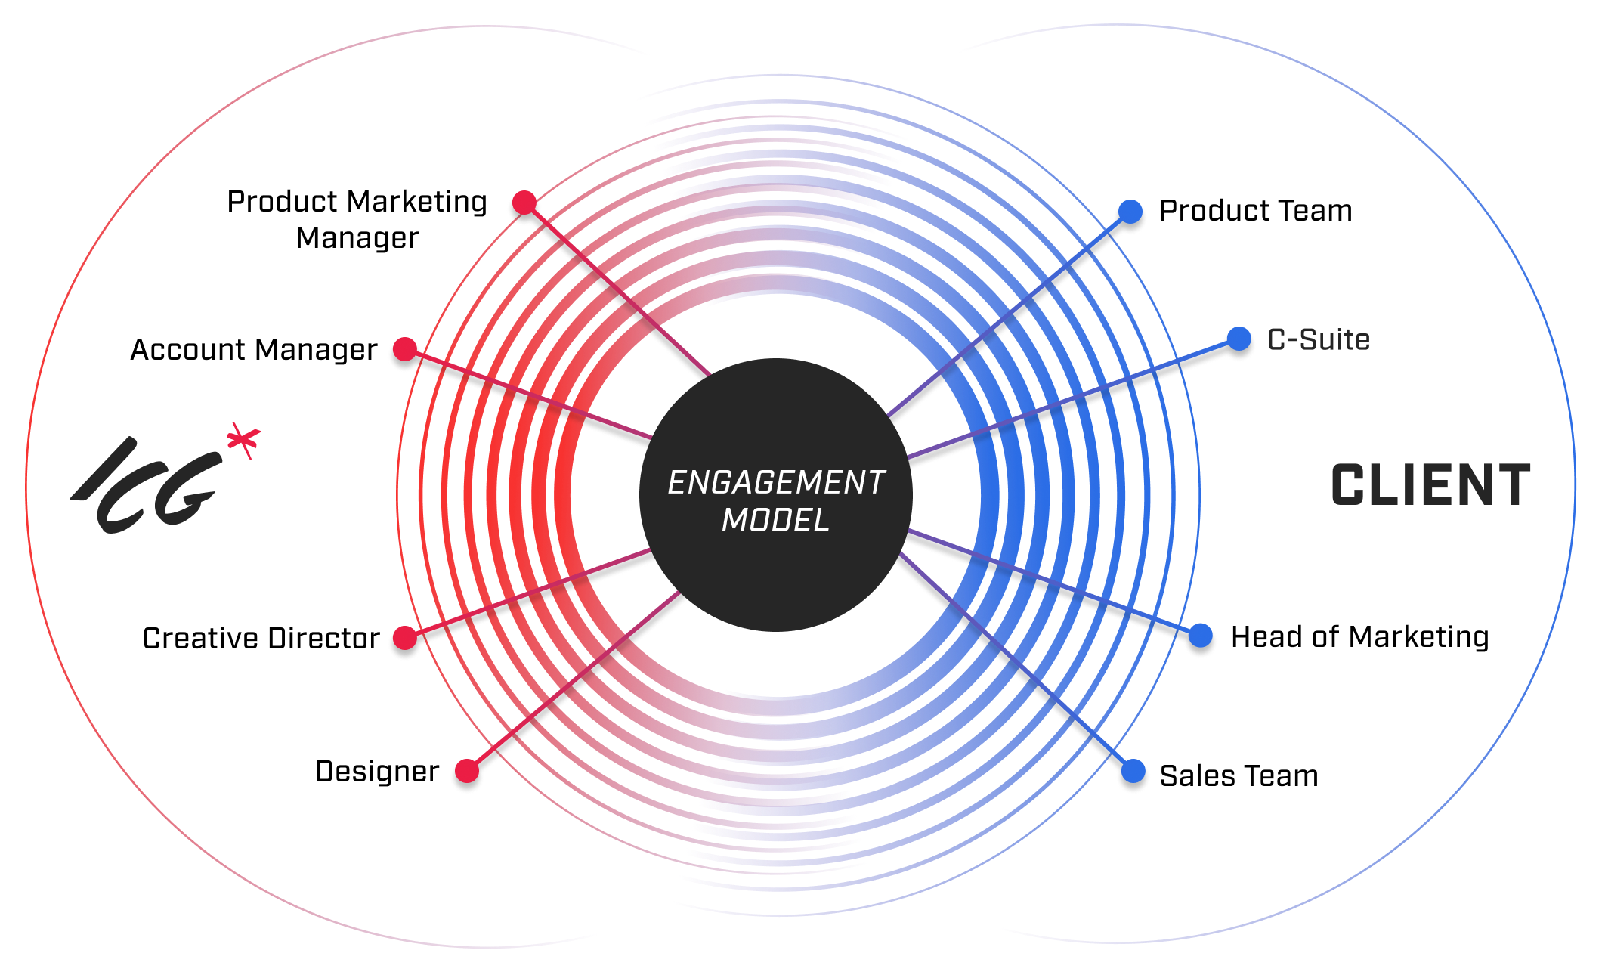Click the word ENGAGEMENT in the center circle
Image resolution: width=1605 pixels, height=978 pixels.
(775, 483)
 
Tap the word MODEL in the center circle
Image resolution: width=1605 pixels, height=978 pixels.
(775, 520)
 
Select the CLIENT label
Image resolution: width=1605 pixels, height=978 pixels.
(1430, 485)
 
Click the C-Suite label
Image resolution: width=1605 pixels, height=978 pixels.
(1319, 339)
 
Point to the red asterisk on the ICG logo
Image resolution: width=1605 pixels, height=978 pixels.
(244, 442)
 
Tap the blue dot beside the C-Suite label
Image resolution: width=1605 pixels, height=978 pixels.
(1239, 339)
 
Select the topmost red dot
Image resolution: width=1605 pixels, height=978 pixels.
(524, 203)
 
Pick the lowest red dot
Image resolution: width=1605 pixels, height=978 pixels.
(466, 772)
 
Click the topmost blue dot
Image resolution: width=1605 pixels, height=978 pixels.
(1130, 212)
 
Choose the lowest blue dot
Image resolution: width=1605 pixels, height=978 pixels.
(1133, 771)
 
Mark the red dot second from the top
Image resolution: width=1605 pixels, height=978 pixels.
(405, 349)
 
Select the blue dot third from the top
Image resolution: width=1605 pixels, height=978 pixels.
(1200, 636)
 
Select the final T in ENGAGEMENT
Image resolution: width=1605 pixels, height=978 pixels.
(875, 483)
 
